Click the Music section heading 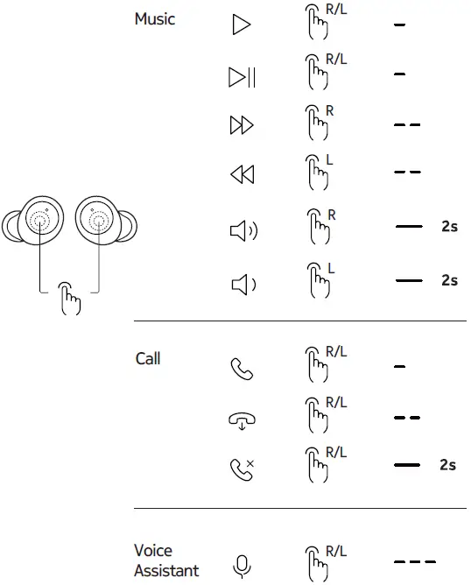click(155, 19)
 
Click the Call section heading click(148, 359)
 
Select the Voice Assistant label click(154, 560)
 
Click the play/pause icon click(242, 78)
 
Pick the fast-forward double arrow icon click(242, 126)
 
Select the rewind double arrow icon click(242, 175)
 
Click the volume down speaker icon click(241, 283)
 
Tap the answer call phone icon click(241, 369)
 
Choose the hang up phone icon click(242, 419)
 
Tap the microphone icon click(242, 567)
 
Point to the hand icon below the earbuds click(68, 299)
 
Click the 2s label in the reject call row click(447, 465)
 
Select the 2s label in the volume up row click(449, 226)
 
